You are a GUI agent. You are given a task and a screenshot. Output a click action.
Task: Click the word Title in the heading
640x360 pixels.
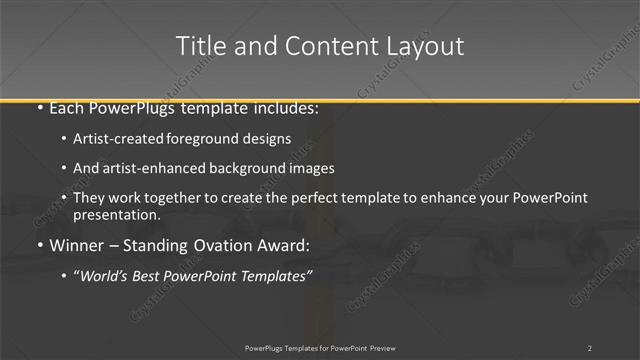point(199,46)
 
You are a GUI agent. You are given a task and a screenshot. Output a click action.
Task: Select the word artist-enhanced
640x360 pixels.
point(151,168)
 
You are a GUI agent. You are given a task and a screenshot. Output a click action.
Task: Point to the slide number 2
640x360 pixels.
point(590,347)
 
